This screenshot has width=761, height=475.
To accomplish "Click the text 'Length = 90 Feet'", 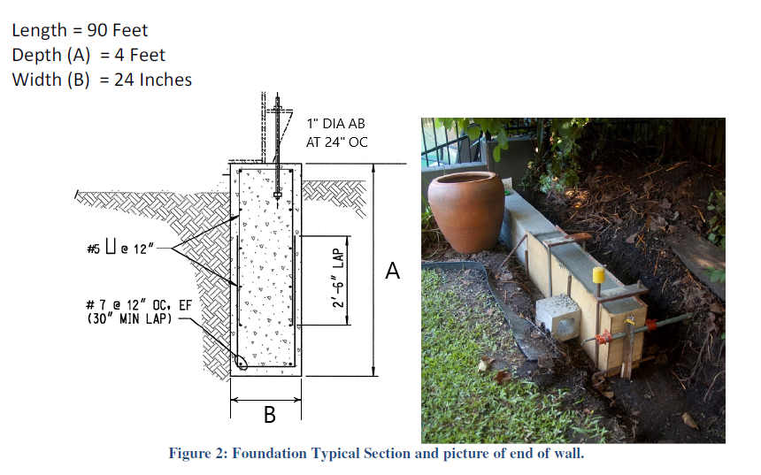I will (x=80, y=30).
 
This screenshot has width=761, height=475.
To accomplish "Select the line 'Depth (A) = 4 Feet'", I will (x=88, y=55).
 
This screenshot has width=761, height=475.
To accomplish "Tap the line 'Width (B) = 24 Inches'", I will (x=102, y=80).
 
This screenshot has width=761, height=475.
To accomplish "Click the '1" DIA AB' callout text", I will (x=335, y=124).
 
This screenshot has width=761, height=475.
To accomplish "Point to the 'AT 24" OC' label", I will (x=336, y=142).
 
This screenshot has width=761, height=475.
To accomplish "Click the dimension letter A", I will (x=393, y=272).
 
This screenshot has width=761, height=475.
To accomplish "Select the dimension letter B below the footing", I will (x=268, y=413).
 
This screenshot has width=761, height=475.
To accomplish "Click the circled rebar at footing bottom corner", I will (x=242, y=360).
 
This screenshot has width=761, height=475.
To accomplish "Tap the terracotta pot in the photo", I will (x=465, y=211).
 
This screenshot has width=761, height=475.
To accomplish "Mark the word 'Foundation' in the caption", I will (x=271, y=454).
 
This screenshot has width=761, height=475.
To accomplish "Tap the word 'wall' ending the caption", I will (x=566, y=454).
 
